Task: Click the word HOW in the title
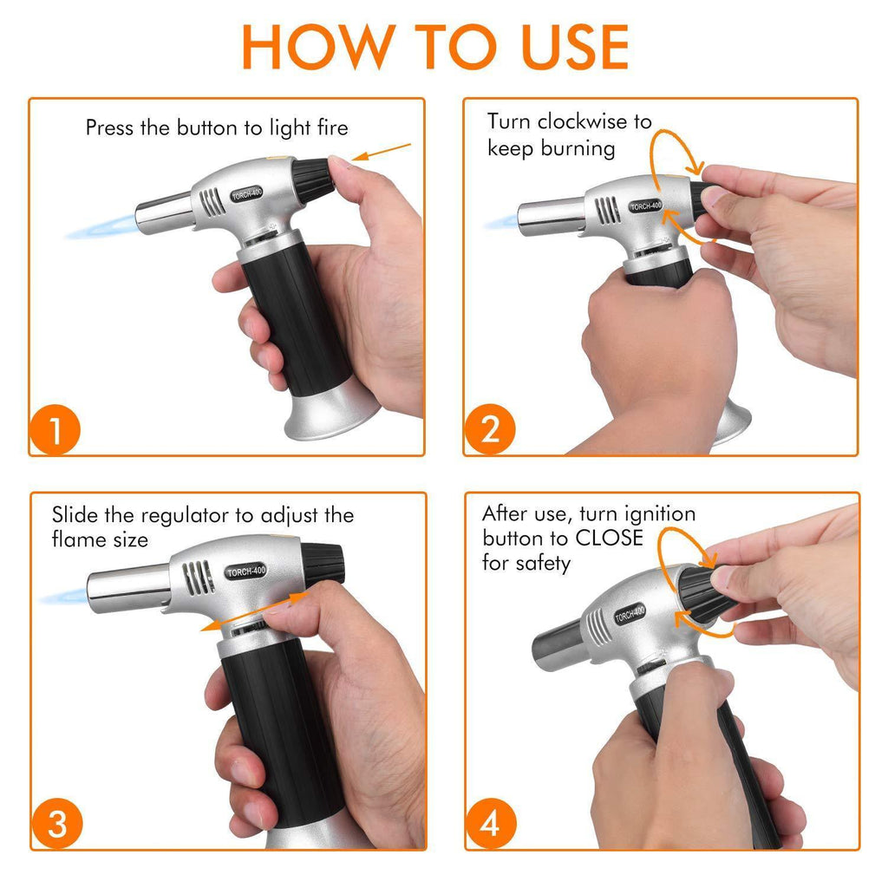point(318,47)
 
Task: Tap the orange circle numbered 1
point(55,430)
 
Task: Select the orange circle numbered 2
point(490,429)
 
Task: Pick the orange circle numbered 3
point(57,824)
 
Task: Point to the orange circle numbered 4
point(491,824)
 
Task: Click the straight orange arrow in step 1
point(382,153)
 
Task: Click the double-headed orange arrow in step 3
point(254,611)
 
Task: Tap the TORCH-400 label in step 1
point(247,194)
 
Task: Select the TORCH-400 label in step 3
point(245,571)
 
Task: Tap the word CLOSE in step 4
point(610,538)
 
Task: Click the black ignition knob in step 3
point(323,565)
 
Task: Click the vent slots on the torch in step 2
point(606,210)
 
